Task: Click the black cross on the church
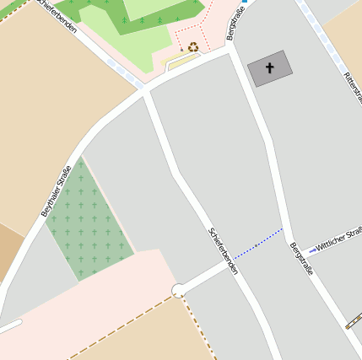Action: [270, 67]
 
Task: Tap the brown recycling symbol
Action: [194, 47]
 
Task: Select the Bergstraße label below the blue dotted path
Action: [301, 259]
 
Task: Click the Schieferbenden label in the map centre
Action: [223, 250]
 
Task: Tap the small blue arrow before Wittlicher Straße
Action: [311, 250]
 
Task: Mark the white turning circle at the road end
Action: [178, 290]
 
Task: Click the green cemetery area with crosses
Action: [89, 222]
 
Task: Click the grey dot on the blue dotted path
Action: [257, 244]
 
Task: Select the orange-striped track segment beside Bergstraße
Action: [354, 321]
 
